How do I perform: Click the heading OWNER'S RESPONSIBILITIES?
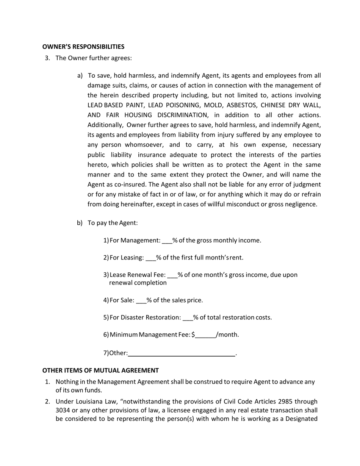click(83, 47)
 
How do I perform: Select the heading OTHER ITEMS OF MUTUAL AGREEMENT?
click(100, 370)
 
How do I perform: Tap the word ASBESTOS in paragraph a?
click(242, 105)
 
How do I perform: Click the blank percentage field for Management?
click(167, 241)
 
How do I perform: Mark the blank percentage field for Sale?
click(141, 301)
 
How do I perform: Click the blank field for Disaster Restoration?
click(188, 318)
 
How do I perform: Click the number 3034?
click(64, 410)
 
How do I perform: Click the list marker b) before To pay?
click(80, 223)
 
